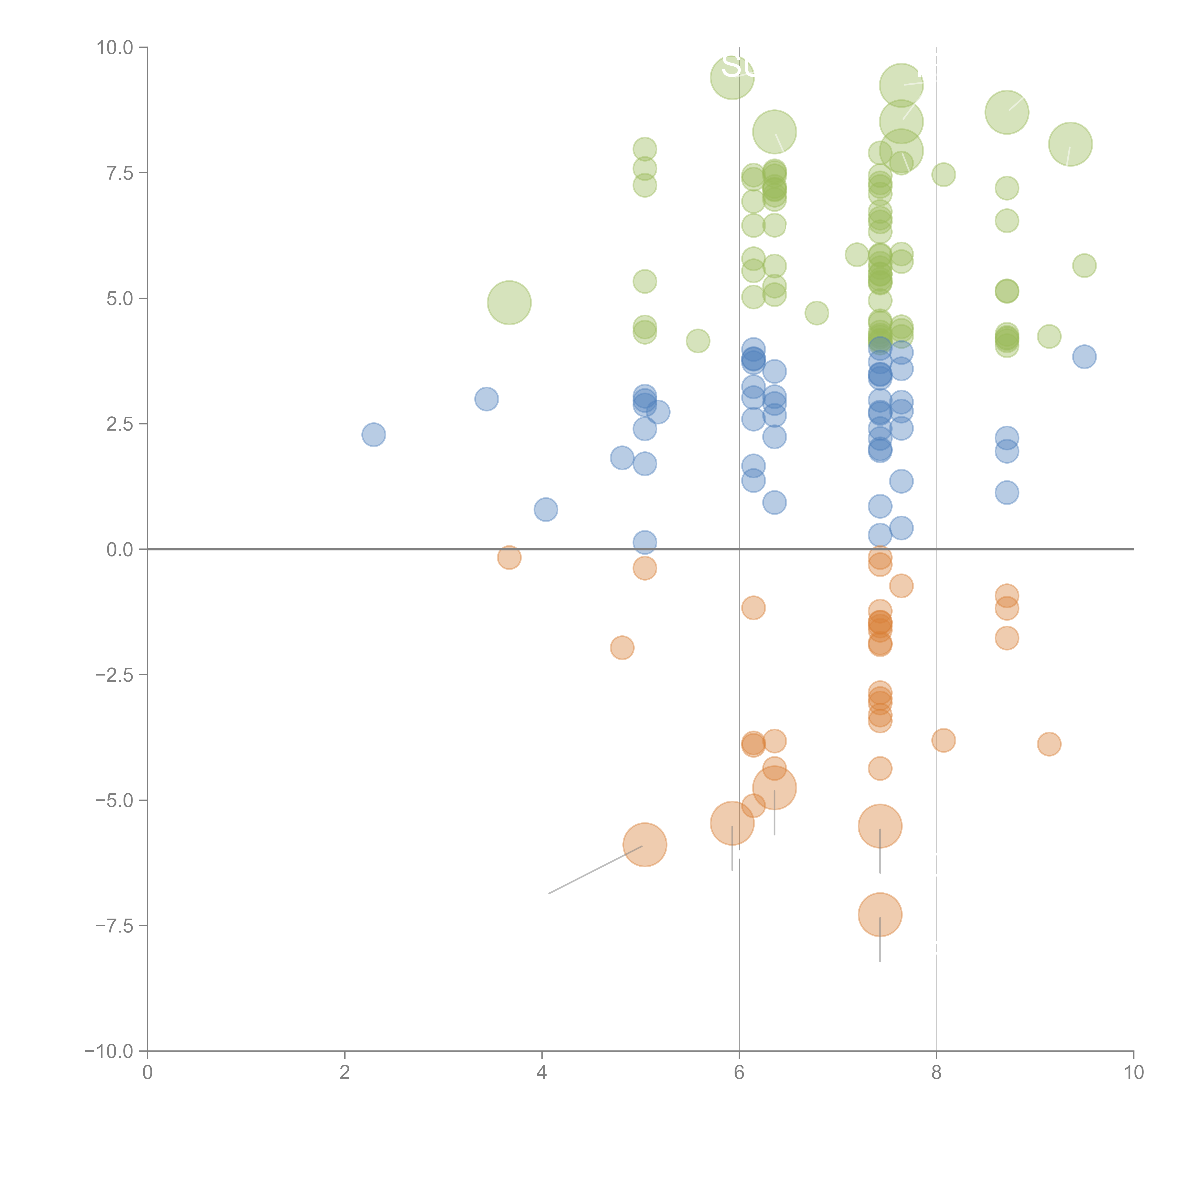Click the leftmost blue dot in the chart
pyautogui.click(x=373, y=435)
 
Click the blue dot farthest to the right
pyautogui.click(x=1084, y=356)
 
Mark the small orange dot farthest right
pyautogui.click(x=1049, y=744)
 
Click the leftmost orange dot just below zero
pyautogui.click(x=509, y=557)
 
